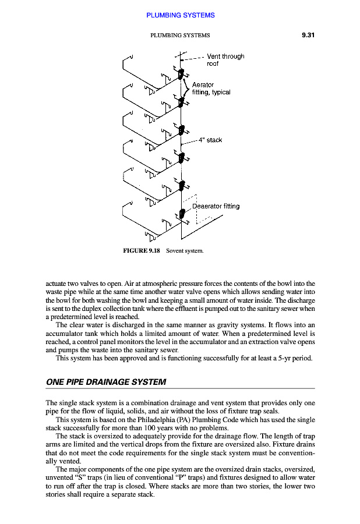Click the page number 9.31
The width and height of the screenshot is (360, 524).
point(308,35)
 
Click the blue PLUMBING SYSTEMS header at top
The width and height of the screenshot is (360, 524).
point(180,15)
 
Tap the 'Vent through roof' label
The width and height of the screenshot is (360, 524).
point(225,60)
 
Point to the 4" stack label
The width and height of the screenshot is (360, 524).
point(210,140)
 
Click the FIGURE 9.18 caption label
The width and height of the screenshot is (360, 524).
point(142,251)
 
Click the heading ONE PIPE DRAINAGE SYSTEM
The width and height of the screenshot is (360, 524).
point(106,382)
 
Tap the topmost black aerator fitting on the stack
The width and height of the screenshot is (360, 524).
point(181,74)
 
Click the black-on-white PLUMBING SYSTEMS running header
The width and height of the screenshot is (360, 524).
point(180,35)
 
